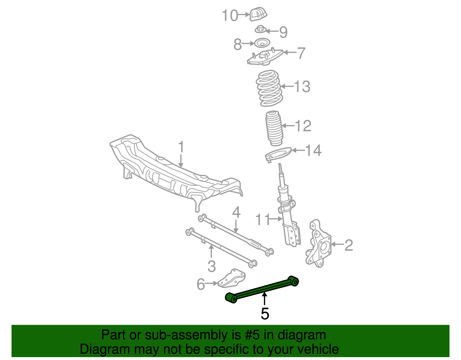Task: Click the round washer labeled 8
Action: pyautogui.click(x=262, y=44)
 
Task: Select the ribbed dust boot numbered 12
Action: pyautogui.click(x=274, y=128)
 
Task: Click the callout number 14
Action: pyautogui.click(x=313, y=150)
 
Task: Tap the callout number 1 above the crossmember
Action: pyautogui.click(x=181, y=147)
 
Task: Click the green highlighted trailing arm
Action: pyautogui.click(x=262, y=290)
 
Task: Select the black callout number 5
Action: pyautogui.click(x=264, y=314)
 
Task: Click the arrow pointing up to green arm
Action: pyautogui.click(x=264, y=299)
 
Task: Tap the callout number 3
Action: pyautogui.click(x=211, y=266)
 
